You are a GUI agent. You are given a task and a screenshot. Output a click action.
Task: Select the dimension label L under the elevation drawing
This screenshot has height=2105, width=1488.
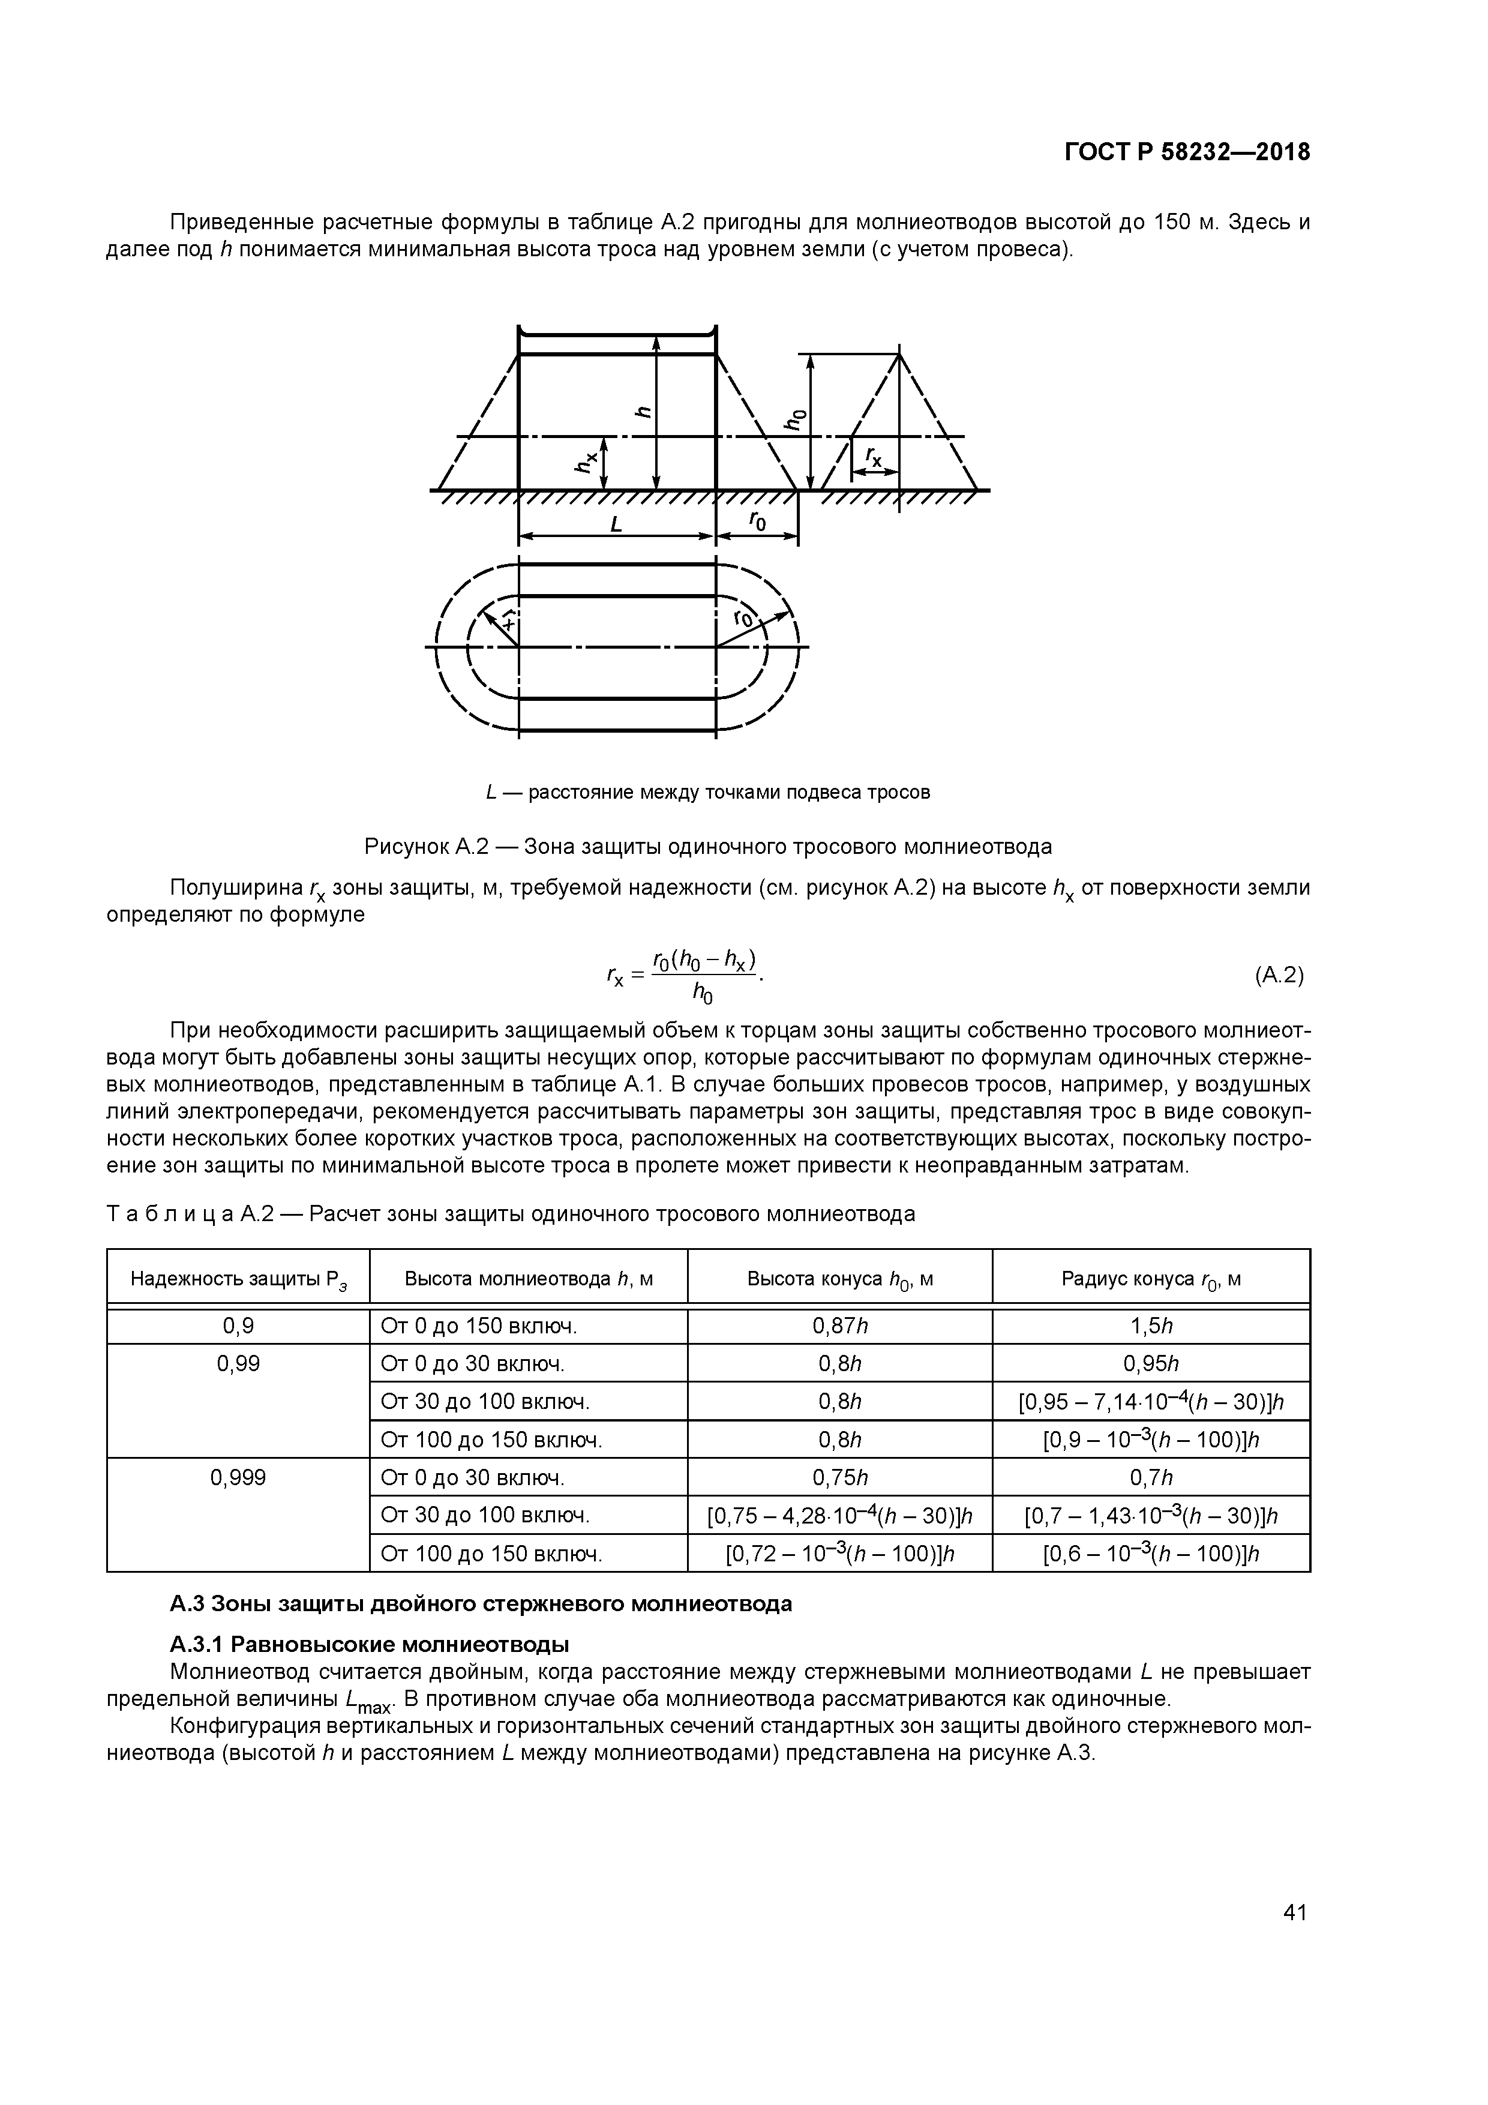pyautogui.click(x=616, y=525)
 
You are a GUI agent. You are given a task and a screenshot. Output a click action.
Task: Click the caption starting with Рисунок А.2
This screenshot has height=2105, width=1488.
pyautogui.click(x=708, y=846)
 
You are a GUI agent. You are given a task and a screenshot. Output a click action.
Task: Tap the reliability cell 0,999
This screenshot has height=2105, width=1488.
pyautogui.click(x=238, y=1477)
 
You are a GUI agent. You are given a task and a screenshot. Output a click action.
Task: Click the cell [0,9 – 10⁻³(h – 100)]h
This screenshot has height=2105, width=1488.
pyautogui.click(x=1151, y=1440)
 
